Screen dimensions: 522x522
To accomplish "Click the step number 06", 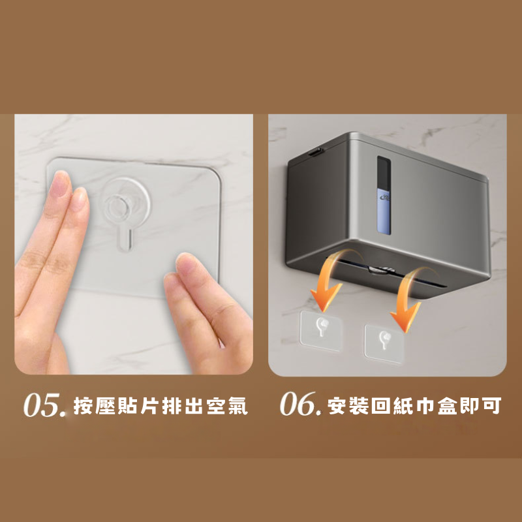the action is [298, 404].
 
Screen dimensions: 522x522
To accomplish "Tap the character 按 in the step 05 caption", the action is [83, 406].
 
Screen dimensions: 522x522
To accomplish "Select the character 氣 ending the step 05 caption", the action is [238, 406].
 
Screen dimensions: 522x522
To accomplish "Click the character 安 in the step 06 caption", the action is [337, 405].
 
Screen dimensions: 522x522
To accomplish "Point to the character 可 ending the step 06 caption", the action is [491, 405].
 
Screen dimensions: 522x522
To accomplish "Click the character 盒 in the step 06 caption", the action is [448, 405].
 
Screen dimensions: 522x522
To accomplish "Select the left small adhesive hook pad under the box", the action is [321, 330].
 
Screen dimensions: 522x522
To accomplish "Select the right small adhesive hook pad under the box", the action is [384, 344].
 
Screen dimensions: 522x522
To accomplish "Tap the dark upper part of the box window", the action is [384, 172].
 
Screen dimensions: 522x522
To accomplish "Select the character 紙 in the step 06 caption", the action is [403, 405].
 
